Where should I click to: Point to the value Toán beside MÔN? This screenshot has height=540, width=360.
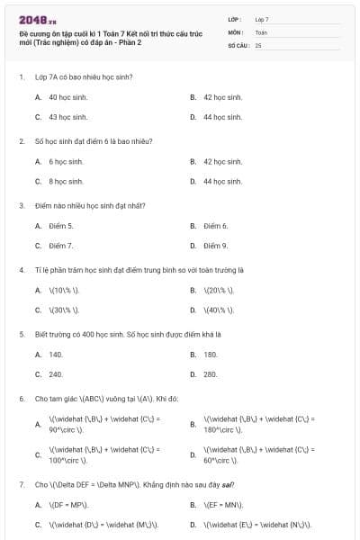click(261, 31)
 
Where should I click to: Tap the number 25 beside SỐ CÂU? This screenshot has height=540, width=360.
click(258, 44)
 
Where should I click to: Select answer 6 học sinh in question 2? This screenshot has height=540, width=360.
click(66, 162)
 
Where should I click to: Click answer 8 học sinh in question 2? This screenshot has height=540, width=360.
click(66, 182)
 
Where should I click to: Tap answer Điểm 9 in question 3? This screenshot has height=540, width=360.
click(215, 246)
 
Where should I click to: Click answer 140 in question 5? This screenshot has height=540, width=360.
click(56, 355)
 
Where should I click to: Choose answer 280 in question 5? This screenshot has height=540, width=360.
click(211, 374)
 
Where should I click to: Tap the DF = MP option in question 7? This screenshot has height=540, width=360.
click(68, 505)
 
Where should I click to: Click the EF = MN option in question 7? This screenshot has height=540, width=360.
click(223, 505)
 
